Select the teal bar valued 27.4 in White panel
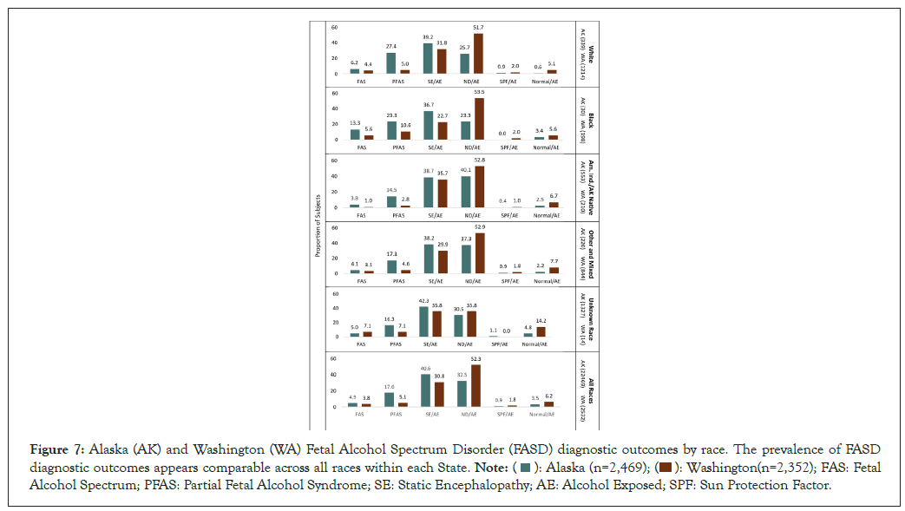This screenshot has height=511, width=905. tap(392, 62)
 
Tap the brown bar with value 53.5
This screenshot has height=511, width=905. tap(478, 119)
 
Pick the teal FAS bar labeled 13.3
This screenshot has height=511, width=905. tap(355, 134)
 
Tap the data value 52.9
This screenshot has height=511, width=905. tap(478, 227)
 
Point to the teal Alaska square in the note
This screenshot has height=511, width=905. tap(525, 468)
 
